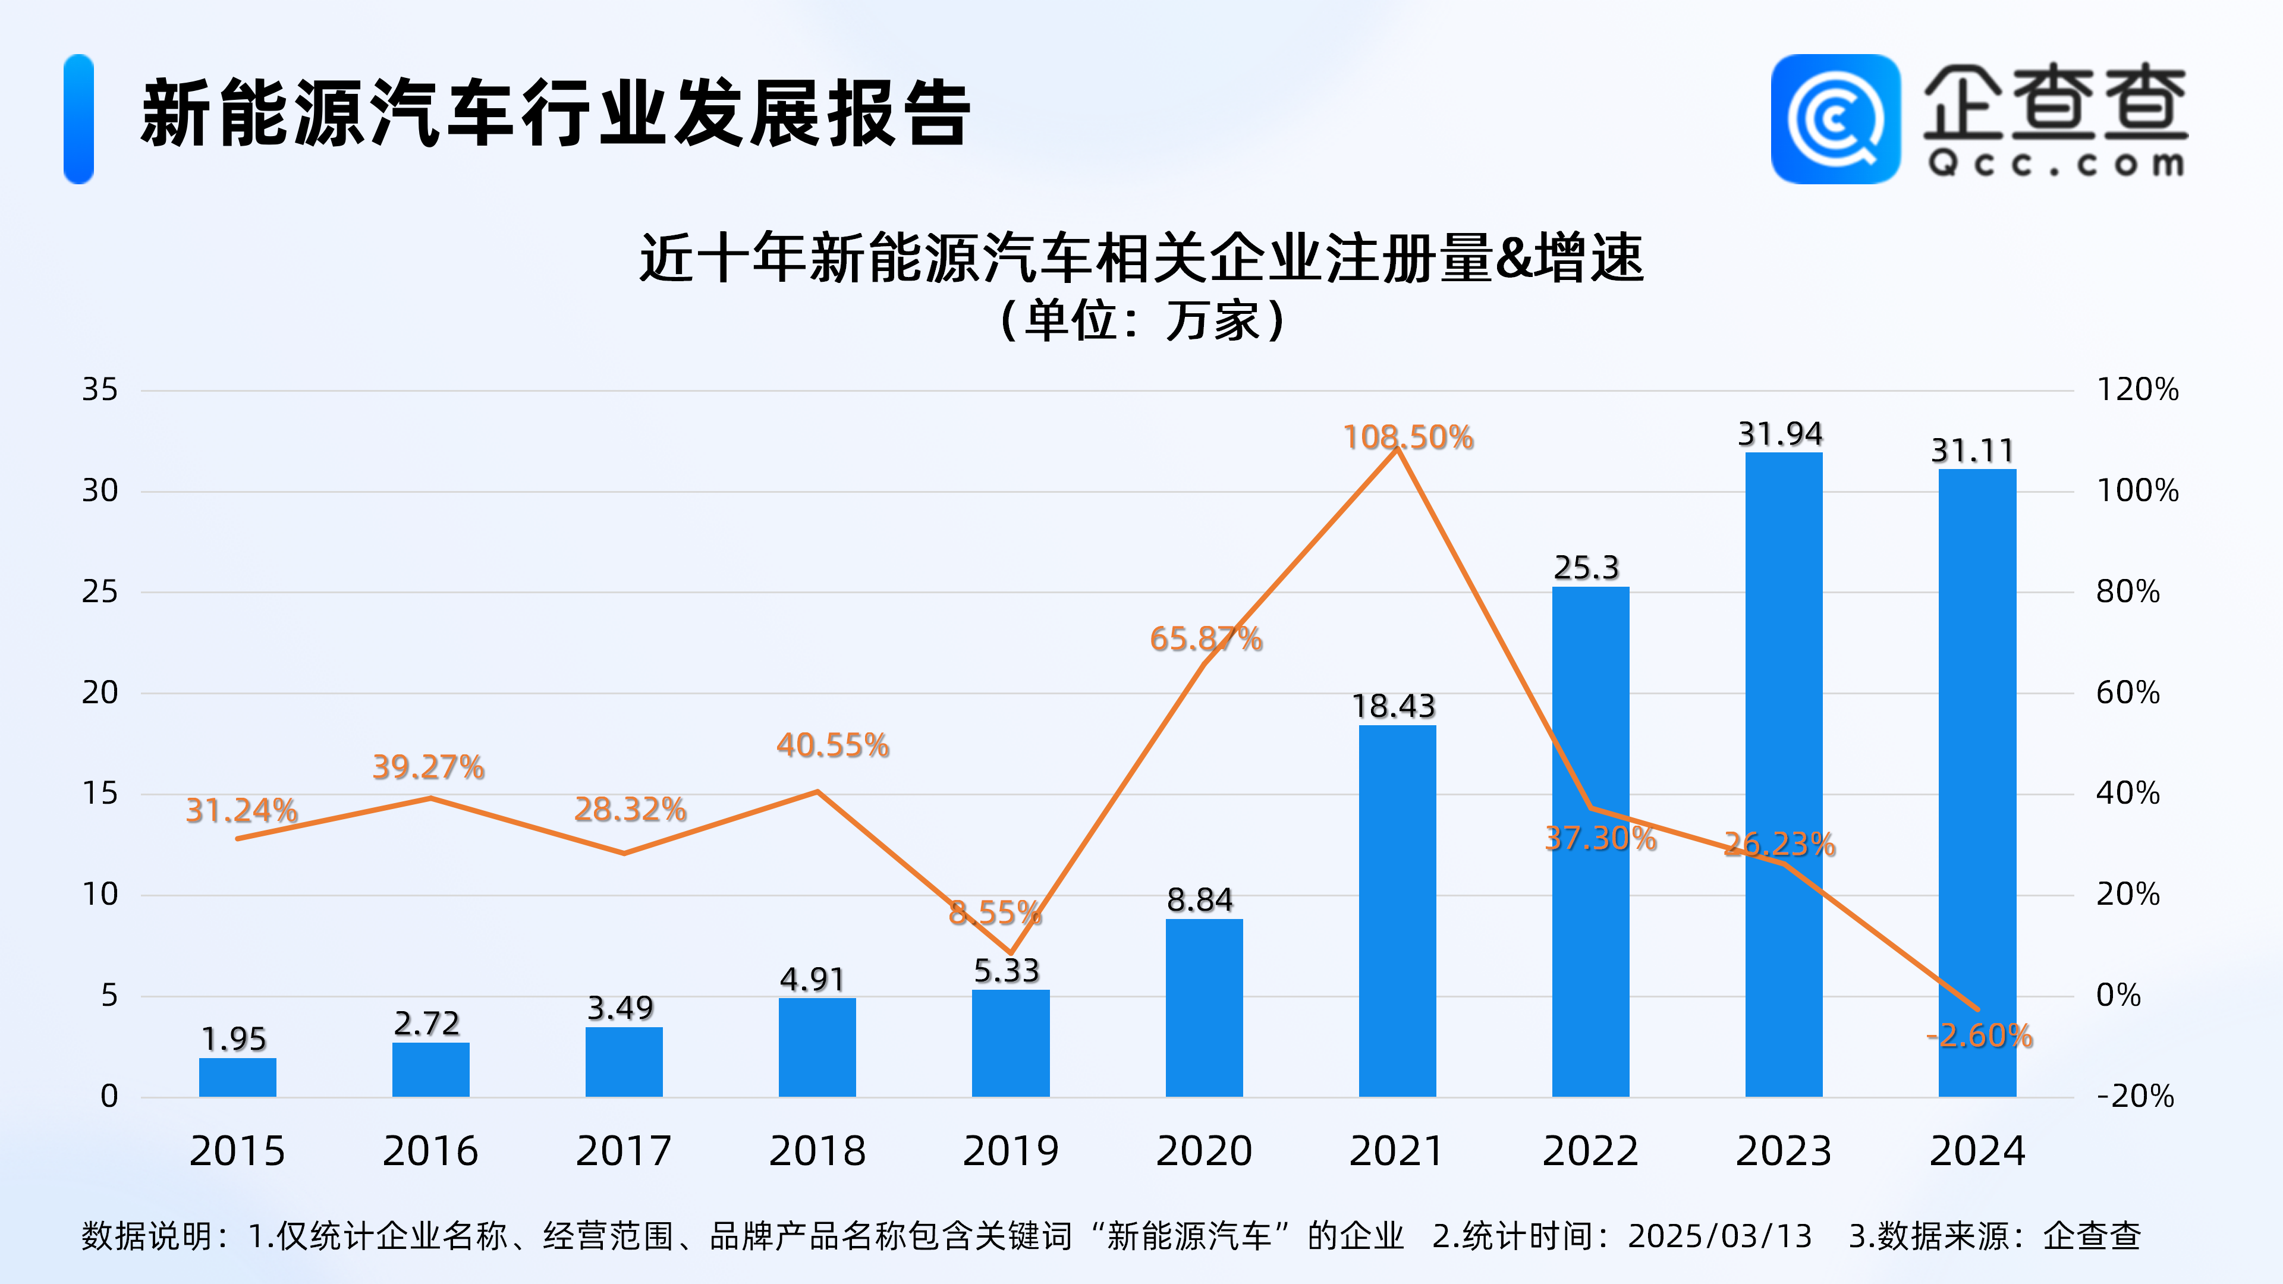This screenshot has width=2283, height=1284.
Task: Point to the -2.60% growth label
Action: [1979, 1035]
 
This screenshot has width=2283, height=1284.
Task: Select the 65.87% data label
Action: [1205, 639]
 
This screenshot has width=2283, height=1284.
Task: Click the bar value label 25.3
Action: [1586, 567]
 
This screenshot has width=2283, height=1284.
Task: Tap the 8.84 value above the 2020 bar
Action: [1199, 899]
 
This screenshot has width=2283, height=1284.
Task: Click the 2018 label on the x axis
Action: [816, 1150]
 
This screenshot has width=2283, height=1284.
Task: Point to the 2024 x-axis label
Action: [1977, 1150]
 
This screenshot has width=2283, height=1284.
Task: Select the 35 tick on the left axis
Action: [99, 389]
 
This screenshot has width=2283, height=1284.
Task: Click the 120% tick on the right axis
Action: [2137, 389]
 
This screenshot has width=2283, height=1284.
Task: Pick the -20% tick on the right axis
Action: [2134, 1096]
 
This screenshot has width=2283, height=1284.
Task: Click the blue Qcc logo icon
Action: [1835, 119]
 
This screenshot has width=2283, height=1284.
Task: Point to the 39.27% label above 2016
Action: [428, 766]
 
